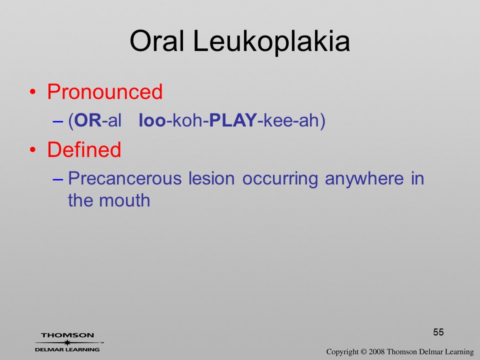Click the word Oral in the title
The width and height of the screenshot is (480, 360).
[157, 41]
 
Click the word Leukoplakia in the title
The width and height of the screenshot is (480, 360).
[271, 41]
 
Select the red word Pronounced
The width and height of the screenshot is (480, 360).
[104, 91]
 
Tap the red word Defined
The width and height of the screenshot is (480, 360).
[84, 149]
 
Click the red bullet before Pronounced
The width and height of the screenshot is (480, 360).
[33, 92]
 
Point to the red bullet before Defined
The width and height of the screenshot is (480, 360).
[33, 149]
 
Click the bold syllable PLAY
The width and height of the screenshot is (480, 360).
[232, 120]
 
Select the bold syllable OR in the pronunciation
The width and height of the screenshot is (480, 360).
[88, 120]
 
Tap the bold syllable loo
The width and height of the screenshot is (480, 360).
[152, 120]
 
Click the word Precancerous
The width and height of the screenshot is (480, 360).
[125, 178]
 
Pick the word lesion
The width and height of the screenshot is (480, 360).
[211, 178]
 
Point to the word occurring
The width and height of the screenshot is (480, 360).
[280, 179]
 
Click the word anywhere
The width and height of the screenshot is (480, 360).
[364, 179]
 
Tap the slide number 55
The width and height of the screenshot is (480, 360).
[438, 332]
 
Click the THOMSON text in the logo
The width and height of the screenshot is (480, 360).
[67, 335]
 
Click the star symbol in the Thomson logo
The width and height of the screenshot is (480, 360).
[67, 342]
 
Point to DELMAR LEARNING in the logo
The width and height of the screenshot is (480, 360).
[67, 349]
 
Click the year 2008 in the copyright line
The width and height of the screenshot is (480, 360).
[376, 351]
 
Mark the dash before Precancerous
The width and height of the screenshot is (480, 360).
[57, 179]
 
